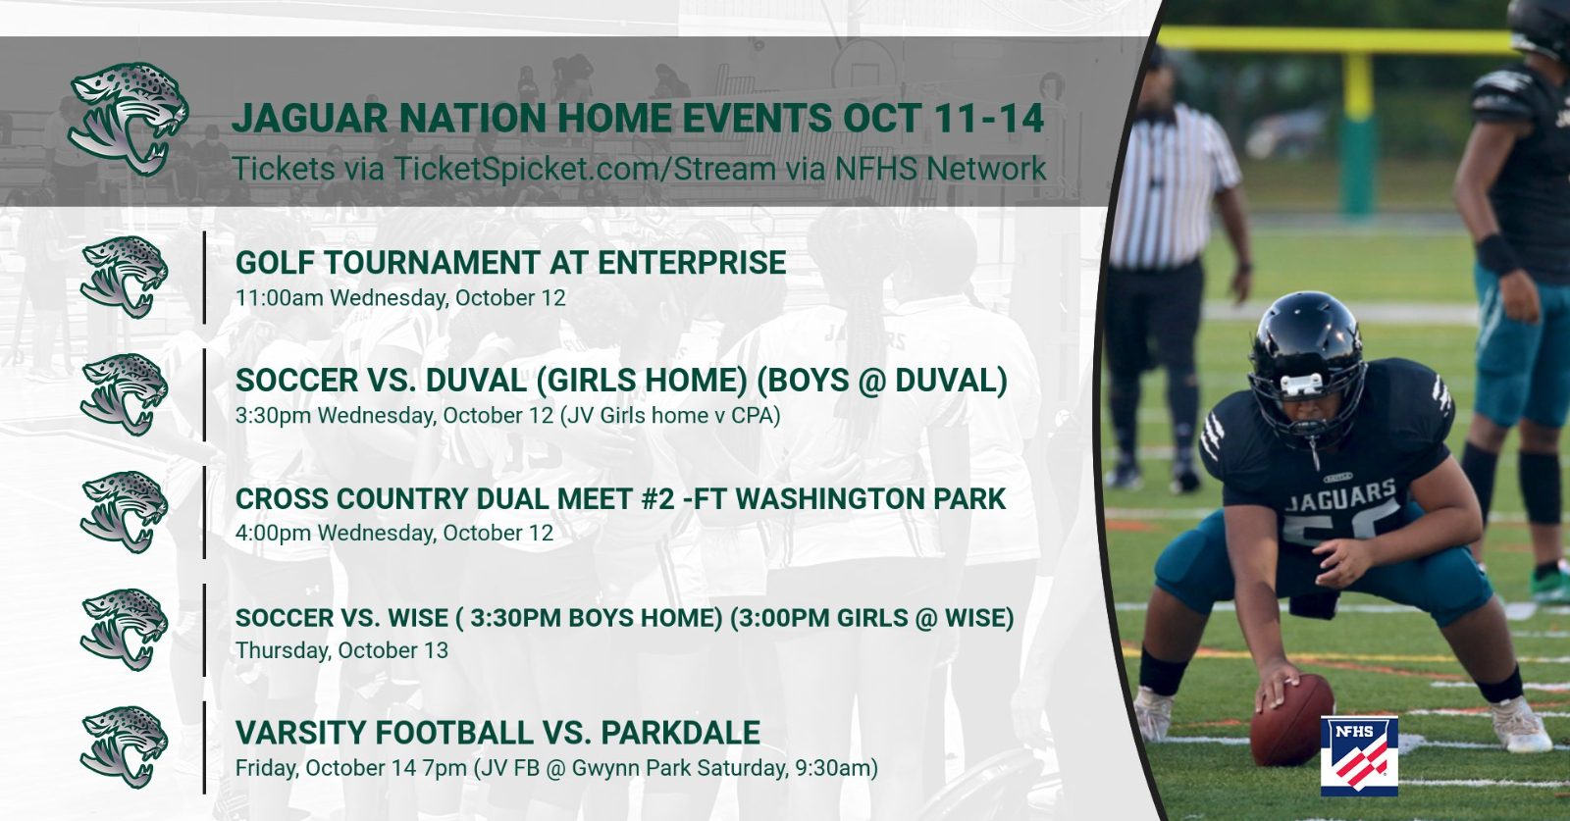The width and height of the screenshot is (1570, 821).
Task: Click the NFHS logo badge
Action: click(x=1360, y=756)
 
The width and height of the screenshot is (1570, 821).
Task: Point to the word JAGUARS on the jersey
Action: click(x=1340, y=496)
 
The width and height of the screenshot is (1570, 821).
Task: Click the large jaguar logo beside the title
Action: click(x=129, y=119)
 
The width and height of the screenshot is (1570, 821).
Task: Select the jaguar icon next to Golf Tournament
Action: click(x=125, y=278)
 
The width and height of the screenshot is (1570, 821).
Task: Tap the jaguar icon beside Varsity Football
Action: click(x=125, y=747)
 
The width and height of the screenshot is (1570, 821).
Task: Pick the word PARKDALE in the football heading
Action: click(x=680, y=733)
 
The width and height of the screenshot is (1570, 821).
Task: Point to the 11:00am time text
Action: click(x=280, y=298)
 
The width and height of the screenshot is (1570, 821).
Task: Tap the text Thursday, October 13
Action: click(x=342, y=650)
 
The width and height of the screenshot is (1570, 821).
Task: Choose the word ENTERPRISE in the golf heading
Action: click(x=692, y=263)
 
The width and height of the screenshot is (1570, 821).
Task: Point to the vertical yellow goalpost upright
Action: click(x=1358, y=133)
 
